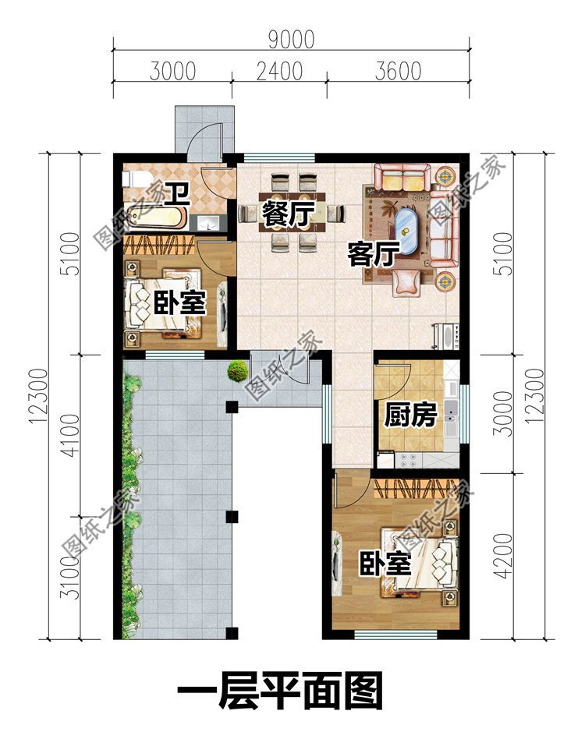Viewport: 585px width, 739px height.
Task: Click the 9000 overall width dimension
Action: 291,40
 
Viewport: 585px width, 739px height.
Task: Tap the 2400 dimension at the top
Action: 279,72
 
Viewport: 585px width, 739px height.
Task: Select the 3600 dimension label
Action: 398,72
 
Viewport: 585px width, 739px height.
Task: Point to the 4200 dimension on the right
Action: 503,556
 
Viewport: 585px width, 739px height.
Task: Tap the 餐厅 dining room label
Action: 287,214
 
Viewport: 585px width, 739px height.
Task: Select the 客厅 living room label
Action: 374,253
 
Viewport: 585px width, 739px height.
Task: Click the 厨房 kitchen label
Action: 409,415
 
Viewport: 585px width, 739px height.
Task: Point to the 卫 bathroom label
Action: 175,195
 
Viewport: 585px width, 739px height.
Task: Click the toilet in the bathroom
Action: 135,179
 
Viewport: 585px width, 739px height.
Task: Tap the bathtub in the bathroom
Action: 156,220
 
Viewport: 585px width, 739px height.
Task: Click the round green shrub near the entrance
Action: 238,371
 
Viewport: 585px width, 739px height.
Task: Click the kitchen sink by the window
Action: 451,415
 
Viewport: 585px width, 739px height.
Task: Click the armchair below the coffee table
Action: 406,283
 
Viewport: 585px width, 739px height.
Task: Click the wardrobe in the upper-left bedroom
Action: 159,244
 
